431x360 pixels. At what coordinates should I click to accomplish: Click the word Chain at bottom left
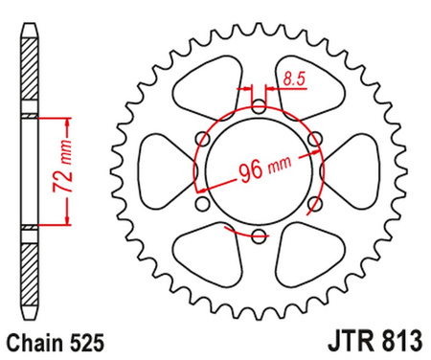click(x=37, y=340)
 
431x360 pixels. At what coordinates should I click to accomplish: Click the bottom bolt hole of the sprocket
click(x=258, y=236)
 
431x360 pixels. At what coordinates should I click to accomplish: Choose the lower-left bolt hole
click(x=201, y=203)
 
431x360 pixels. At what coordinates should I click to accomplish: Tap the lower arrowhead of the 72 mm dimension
click(x=68, y=220)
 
